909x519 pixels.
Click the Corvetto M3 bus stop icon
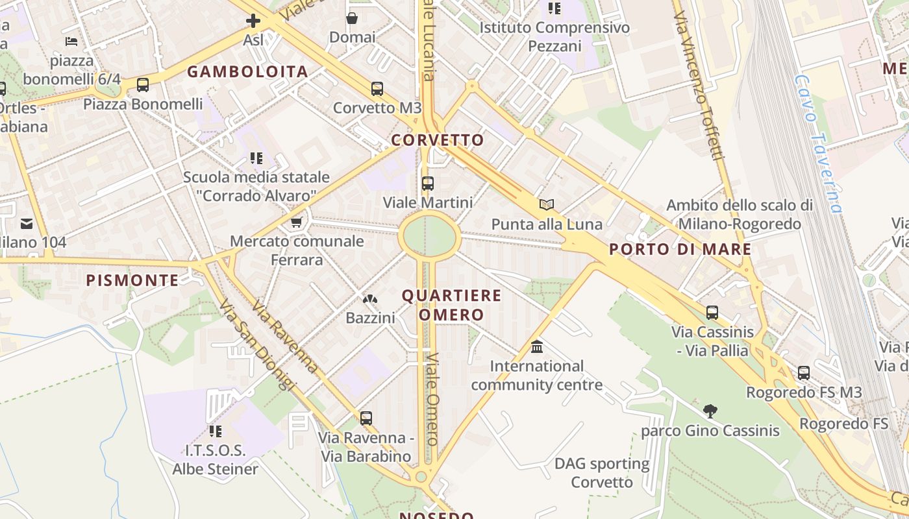click(377, 89)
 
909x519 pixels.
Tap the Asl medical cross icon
click(253, 21)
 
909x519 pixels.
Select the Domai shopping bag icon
click(352, 18)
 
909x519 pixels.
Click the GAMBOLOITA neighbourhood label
click(247, 72)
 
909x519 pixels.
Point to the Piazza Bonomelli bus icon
click(143, 85)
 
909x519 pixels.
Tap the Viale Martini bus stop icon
click(427, 184)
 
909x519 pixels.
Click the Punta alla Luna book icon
click(547, 205)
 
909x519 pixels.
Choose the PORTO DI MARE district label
click(680, 249)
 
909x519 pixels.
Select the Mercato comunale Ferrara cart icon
click(297, 223)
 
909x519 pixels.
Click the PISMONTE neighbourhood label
click(132, 280)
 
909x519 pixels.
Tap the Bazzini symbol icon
click(370, 299)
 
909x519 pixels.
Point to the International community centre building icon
click(537, 347)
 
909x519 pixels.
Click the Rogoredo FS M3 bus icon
click(804, 373)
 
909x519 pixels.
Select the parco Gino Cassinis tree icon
click(710, 411)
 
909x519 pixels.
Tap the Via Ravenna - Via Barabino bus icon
click(366, 418)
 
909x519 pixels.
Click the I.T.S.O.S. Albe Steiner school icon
click(216, 431)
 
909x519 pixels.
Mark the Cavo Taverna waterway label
click(817, 144)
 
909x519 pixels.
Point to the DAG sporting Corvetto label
click(602, 473)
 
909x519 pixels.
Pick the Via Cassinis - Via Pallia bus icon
click(712, 313)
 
